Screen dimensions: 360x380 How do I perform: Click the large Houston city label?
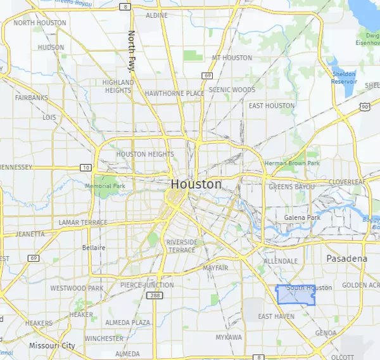pyautogui.click(x=196, y=184)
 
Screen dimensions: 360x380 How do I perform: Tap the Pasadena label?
pyautogui.click(x=346, y=259)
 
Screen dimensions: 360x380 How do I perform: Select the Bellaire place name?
pyautogui.click(x=94, y=248)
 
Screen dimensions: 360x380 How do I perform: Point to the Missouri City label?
pyautogui.click(x=52, y=346)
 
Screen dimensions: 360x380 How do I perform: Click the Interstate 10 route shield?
pyautogui.click(x=85, y=167)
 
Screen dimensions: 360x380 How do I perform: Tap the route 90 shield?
pyautogui.click(x=366, y=107)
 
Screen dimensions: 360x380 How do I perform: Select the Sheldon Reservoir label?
pyautogui.click(x=344, y=78)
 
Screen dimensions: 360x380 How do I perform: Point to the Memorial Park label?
pyautogui.click(x=106, y=186)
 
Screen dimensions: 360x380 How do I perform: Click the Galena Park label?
pyautogui.click(x=302, y=217)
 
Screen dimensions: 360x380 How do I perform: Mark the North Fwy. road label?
pyautogui.click(x=132, y=51)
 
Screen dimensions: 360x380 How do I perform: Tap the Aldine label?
pyautogui.click(x=156, y=15)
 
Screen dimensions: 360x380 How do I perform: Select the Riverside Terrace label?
pyautogui.click(x=182, y=246)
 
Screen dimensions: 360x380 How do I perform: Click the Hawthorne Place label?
pyautogui.click(x=174, y=93)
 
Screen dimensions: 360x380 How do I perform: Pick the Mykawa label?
pyautogui.click(x=228, y=337)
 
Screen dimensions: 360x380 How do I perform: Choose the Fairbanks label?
pyautogui.click(x=32, y=98)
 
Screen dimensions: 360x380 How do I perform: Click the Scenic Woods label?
pyautogui.click(x=232, y=90)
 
